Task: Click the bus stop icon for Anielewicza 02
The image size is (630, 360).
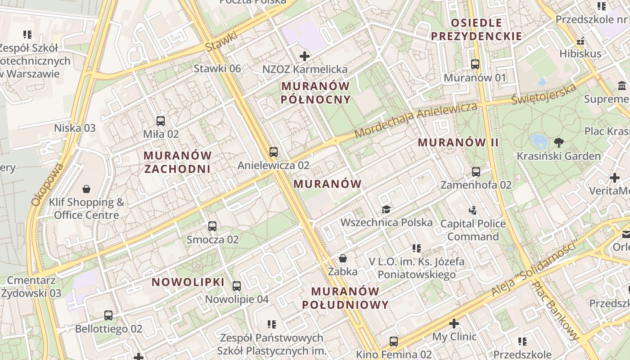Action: [274, 152]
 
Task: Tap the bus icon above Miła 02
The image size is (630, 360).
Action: [161, 121]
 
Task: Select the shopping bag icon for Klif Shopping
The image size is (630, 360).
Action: [86, 189]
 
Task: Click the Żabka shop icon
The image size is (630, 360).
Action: [343, 258]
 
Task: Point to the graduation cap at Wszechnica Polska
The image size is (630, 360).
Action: [386, 209]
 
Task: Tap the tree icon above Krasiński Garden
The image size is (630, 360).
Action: [559, 143]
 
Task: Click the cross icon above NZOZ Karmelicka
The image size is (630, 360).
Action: [305, 56]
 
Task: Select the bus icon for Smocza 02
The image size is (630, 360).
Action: [212, 226]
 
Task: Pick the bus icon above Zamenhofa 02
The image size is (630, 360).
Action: [476, 171]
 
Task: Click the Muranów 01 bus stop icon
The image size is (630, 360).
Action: [475, 64]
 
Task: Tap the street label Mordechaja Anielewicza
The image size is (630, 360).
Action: [415, 121]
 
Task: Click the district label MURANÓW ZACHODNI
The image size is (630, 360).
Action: [177, 162]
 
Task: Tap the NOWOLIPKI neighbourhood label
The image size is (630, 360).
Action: [188, 282]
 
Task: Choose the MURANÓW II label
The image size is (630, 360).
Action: [458, 143]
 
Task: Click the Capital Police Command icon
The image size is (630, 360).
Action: [472, 210]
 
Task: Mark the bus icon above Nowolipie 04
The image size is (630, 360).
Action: [237, 286]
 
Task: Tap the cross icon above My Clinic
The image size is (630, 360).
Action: [454, 323]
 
